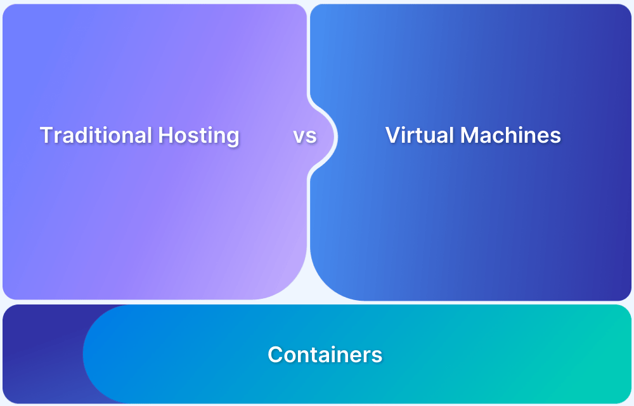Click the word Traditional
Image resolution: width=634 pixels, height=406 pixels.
click(x=96, y=135)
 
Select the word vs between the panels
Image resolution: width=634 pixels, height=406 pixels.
click(x=305, y=136)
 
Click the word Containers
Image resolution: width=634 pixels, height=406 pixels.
click(x=325, y=354)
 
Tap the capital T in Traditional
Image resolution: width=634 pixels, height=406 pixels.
click(x=45, y=135)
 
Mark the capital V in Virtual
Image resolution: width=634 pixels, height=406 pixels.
click(x=392, y=135)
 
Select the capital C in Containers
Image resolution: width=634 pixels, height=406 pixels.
click(x=275, y=354)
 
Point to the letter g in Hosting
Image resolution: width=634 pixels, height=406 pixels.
click(x=231, y=138)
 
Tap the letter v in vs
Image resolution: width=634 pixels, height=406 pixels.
click(x=299, y=136)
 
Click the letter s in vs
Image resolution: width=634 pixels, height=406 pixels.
click(x=311, y=136)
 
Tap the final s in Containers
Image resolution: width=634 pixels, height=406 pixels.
click(x=377, y=355)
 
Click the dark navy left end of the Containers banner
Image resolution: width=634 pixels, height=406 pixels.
click(x=38, y=355)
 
